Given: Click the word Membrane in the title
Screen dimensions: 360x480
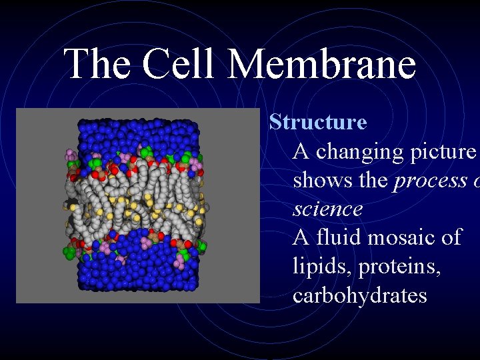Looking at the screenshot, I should coord(322,65).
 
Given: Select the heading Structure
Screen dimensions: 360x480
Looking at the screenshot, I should coord(317,123).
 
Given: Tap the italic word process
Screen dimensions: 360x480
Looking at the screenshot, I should coord(428,181).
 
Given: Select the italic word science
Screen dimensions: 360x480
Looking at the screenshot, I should coord(328,209).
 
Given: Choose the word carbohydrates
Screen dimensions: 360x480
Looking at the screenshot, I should coord(359,295).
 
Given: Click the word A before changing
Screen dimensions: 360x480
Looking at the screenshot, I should coord(301,152).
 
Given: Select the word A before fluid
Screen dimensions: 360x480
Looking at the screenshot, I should coord(301,237).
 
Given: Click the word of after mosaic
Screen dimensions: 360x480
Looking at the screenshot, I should coord(451,237).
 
